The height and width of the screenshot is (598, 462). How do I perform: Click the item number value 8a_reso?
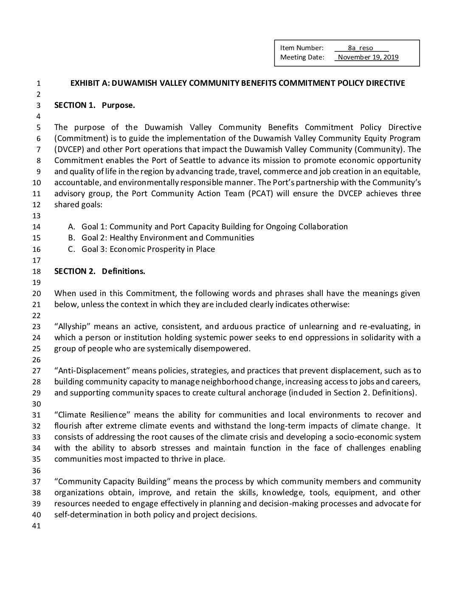tap(360, 48)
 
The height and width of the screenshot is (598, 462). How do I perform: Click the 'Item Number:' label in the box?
tap(301, 48)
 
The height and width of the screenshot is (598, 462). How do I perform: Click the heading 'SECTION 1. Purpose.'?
tap(94, 105)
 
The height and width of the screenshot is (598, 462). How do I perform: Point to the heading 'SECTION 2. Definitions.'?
tap(99, 271)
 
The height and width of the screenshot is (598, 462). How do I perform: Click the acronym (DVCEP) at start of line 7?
tap(69, 149)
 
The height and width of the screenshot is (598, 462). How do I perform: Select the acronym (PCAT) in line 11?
tap(263, 194)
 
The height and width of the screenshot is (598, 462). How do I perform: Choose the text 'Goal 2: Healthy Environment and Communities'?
tap(168, 238)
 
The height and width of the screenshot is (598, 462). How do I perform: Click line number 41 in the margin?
tap(37, 526)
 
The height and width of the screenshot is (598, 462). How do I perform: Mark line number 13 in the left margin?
tap(37, 216)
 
